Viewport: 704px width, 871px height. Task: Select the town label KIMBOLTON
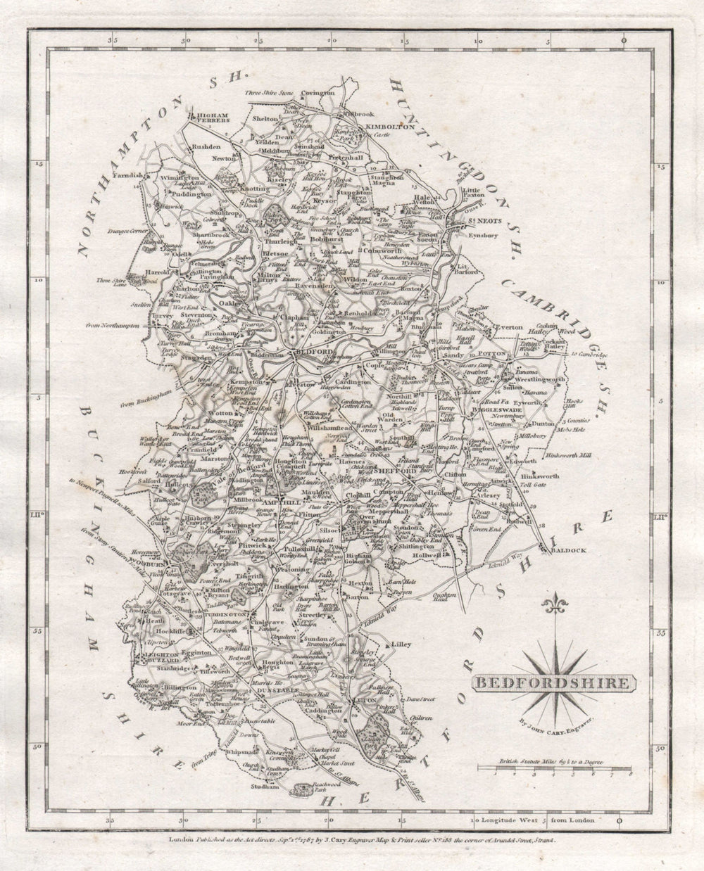[386, 126]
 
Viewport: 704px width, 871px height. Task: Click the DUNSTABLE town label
[270, 692]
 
